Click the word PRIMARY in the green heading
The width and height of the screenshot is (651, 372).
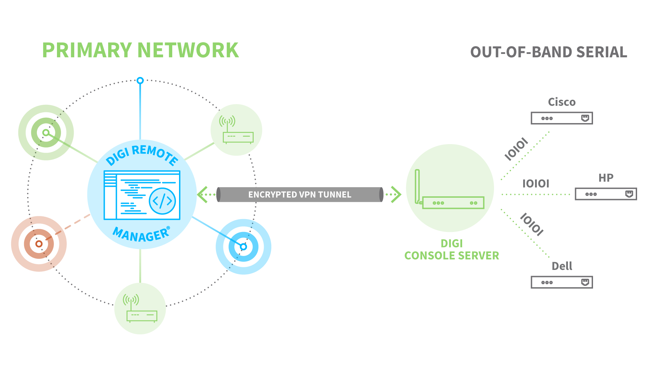pos(87,50)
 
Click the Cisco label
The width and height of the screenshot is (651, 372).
pos(561,102)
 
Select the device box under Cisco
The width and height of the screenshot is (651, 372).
pos(561,118)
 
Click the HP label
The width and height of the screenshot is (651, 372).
pos(606,178)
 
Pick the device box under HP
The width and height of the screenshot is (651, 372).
pos(606,194)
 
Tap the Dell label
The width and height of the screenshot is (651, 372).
pos(561,266)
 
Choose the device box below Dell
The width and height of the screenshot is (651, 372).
pos(561,282)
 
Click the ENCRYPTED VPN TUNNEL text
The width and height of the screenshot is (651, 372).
pos(300,195)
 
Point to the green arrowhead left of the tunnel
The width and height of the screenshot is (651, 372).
pos(202,195)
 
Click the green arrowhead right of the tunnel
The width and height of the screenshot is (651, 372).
pos(396,195)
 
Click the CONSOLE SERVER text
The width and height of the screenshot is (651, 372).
pos(452,256)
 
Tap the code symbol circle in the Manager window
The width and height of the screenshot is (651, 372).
pos(162,201)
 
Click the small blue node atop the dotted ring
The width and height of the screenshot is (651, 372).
pos(140,80)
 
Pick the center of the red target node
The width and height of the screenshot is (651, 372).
pos(39,244)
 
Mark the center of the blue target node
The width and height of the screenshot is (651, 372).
pos(243,247)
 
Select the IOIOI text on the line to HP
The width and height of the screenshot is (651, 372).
pos(535,183)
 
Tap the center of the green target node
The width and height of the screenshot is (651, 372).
pos(46,133)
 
